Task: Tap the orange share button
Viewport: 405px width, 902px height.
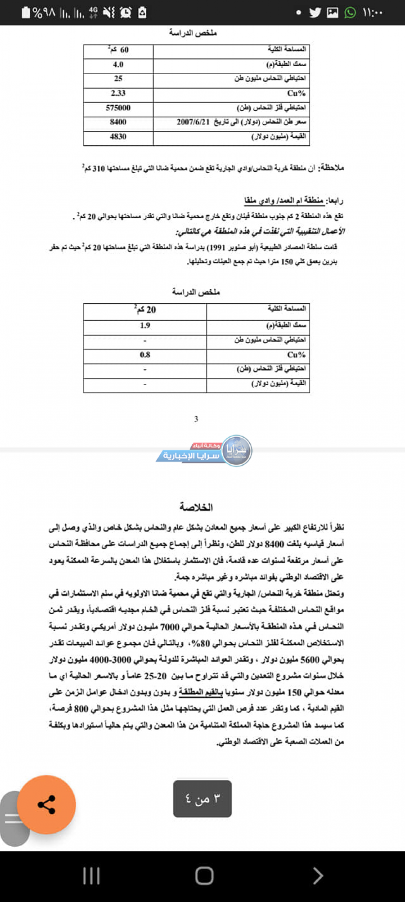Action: tap(46, 804)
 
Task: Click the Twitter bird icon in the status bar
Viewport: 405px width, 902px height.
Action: tap(315, 13)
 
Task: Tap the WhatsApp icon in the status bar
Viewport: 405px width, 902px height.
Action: tap(350, 13)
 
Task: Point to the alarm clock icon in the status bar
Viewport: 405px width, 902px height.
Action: tap(126, 13)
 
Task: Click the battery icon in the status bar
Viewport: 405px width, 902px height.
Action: tap(26, 13)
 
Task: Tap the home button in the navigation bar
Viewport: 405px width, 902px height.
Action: tap(204, 875)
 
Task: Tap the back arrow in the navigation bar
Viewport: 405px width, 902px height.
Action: tap(318, 875)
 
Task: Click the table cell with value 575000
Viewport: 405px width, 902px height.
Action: tap(118, 108)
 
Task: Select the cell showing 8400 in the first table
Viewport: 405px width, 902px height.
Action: tap(118, 122)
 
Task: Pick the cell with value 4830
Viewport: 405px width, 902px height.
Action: tap(118, 137)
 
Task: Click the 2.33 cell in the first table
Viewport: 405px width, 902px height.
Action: tap(118, 93)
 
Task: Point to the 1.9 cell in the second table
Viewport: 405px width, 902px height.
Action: tap(145, 325)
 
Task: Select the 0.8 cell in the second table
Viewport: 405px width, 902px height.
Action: tap(145, 355)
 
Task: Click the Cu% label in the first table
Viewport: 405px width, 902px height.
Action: tap(296, 93)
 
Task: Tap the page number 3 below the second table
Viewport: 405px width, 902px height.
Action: tap(196, 419)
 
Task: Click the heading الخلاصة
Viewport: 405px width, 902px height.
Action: tap(196, 507)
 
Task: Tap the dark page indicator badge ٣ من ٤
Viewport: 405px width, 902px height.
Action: tap(202, 799)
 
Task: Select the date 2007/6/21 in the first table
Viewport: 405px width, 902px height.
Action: tap(193, 122)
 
